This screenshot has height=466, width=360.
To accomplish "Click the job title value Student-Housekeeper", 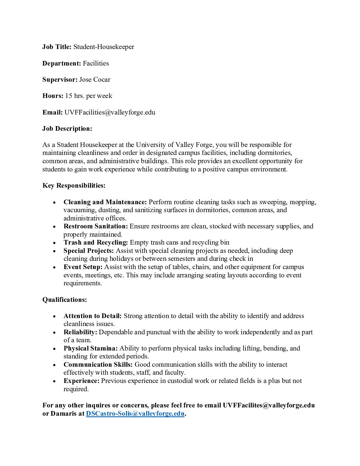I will pos(104,47).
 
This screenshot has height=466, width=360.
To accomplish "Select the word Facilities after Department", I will pos(96,63).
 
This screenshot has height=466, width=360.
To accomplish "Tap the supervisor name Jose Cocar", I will pos(95,79).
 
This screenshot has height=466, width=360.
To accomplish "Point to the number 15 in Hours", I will pos(68,96).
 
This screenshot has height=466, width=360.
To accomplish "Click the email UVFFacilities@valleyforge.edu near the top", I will pos(110,112).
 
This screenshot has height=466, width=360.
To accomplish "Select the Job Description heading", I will pos(67,128).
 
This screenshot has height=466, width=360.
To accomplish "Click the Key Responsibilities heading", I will pos(74,185).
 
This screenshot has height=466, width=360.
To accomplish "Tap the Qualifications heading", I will pos(65,300).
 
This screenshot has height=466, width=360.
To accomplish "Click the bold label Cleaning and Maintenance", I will pos(105,202).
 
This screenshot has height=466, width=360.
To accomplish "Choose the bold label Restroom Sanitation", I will pos(95,226).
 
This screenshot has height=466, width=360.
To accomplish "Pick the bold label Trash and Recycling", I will pos(95,243).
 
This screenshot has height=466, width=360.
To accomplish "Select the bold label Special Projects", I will pos(88,251).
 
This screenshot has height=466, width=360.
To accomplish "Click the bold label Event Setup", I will pos(83,267).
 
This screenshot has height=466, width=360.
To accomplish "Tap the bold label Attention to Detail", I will pos(92,316).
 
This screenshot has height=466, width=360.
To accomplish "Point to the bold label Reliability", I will pos(80,332).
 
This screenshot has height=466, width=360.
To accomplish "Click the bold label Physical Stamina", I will pos(90,349).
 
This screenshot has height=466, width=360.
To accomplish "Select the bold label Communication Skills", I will pos(98,365).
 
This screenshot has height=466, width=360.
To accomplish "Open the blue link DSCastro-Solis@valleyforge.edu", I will pos(135,414).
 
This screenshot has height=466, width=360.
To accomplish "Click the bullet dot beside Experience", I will pos(54,381).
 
